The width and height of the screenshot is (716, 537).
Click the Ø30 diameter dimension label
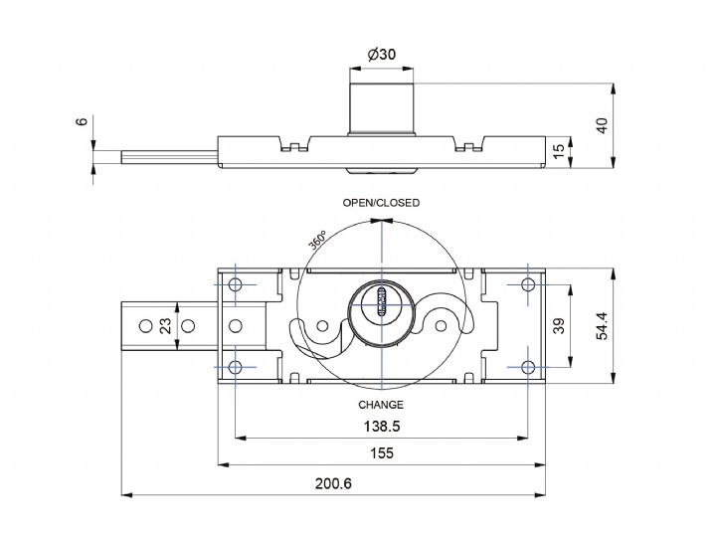(x=381, y=55)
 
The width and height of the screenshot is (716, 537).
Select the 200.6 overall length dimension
(x=333, y=483)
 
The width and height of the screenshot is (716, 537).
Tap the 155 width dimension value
(x=381, y=453)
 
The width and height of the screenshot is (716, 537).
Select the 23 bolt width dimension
(x=166, y=325)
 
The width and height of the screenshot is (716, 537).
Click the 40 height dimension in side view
(x=601, y=125)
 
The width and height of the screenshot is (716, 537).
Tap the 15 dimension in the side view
(x=559, y=149)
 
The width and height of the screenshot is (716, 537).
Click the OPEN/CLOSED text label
(x=381, y=203)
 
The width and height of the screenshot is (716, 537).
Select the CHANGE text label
(x=381, y=405)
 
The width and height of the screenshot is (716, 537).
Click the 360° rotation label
(x=318, y=242)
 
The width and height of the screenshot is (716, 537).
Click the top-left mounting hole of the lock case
(x=236, y=285)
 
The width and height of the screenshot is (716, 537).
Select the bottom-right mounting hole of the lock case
(x=526, y=366)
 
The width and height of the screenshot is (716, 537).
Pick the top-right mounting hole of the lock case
(x=526, y=285)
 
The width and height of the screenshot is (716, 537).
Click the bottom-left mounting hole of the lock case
(x=236, y=367)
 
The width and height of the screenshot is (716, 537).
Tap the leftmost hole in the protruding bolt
(x=145, y=325)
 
